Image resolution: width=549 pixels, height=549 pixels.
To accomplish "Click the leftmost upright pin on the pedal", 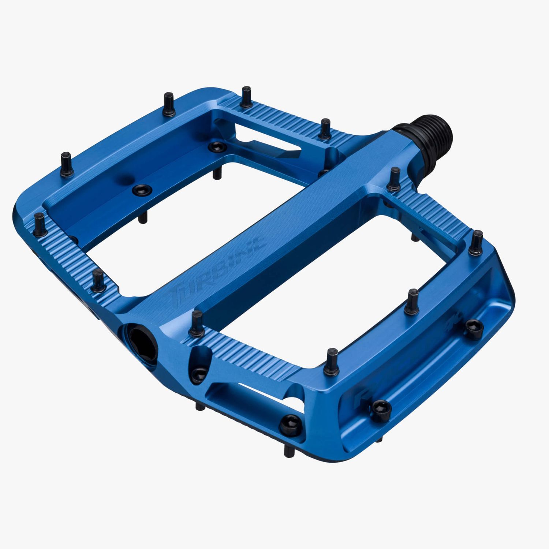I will (40, 224).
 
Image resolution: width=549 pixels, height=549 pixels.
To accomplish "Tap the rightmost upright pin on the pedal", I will (477, 242).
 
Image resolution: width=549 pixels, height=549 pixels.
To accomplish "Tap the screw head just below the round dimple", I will (141, 190).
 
